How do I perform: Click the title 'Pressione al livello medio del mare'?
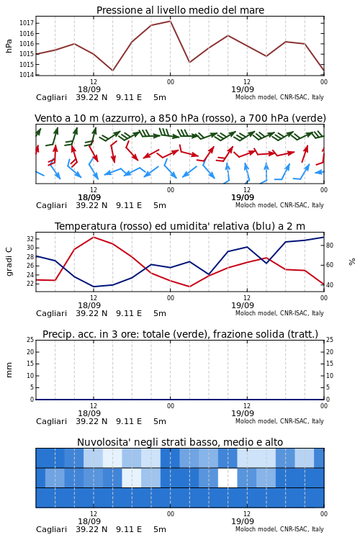[180, 10]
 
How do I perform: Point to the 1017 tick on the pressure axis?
[26, 23]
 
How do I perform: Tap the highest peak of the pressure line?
[170, 21]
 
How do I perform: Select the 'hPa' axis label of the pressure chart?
[9, 46]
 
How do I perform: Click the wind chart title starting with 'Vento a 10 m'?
[180, 118]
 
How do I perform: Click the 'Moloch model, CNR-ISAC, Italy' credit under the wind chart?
[279, 205]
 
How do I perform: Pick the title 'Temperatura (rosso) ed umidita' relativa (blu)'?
[180, 226]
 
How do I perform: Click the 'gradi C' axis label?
[9, 261]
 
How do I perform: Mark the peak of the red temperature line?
[94, 238]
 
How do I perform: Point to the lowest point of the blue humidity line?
[94, 287]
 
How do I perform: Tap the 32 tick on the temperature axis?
[30, 238]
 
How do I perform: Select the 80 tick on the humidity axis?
[330, 246]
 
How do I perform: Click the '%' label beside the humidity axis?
[352, 262]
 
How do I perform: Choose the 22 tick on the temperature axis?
[30, 284]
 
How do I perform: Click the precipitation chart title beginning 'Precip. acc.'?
[180, 334]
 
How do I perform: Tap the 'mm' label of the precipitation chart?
[9, 370]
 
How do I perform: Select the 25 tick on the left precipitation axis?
[30, 340]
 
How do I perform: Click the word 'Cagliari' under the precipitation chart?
[51, 421]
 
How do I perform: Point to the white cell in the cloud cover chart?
[228, 477]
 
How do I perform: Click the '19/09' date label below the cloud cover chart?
[243, 521]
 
